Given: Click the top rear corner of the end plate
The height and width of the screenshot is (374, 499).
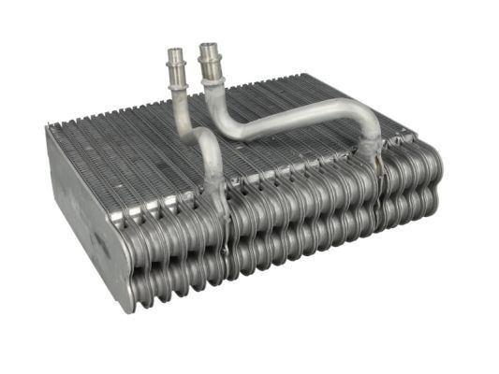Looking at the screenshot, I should point(48,128).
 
